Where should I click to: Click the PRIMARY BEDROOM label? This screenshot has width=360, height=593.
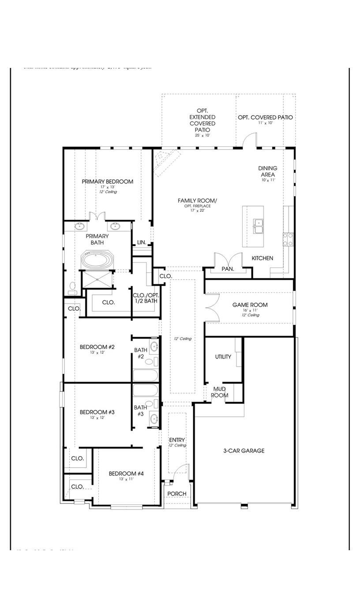107,181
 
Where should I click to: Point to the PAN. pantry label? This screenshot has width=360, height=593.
228,269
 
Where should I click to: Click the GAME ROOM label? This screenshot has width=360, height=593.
250,305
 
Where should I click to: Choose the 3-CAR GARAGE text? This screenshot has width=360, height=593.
244,450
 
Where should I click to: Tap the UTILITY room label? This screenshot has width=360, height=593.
223,357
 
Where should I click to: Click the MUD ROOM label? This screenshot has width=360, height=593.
219,392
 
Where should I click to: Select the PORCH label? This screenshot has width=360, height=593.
177,493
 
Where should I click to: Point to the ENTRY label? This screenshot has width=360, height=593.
177,440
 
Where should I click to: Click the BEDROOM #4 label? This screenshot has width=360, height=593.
126,473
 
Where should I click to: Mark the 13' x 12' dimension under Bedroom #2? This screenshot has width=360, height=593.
97,353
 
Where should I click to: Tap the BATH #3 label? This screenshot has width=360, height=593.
140,410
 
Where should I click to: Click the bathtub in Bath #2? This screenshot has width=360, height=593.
145,375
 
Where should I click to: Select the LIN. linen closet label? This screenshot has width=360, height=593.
142,242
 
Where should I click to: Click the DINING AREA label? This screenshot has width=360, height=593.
268,171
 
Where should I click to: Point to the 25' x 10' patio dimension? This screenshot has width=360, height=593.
202,135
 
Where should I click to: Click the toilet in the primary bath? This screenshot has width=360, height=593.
73,288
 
